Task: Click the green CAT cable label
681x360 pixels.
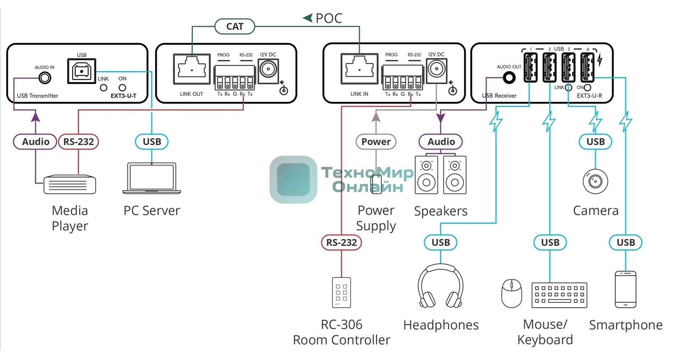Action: click(x=235, y=27)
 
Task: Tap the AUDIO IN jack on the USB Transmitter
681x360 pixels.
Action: click(x=45, y=78)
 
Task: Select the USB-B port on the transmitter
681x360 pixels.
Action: click(x=82, y=71)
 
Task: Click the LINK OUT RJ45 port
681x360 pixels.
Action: click(x=192, y=69)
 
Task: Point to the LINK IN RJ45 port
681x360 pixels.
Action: click(x=359, y=69)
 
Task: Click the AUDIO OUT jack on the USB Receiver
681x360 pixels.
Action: click(x=509, y=78)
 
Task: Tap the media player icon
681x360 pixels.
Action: click(x=70, y=184)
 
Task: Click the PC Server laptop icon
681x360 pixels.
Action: click(x=152, y=178)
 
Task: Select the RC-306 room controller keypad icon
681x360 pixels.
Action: click(x=341, y=292)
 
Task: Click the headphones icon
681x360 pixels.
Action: click(x=441, y=286)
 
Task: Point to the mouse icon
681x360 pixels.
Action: click(x=511, y=293)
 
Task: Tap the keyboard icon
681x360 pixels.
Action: click(x=559, y=295)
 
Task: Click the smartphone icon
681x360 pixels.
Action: click(x=626, y=289)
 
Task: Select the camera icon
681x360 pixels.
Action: click(x=596, y=182)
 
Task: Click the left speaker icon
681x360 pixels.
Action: click(x=426, y=175)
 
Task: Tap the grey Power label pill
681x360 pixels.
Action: click(x=376, y=142)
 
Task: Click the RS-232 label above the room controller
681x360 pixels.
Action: click(x=341, y=243)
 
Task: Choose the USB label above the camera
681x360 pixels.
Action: click(x=596, y=142)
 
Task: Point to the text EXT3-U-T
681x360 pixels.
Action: click(x=123, y=96)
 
